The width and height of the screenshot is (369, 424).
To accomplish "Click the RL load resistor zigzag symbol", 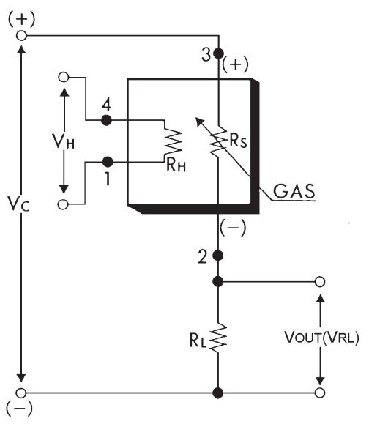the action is pos(218,337).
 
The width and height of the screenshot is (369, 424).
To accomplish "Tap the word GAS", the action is pos(294,191).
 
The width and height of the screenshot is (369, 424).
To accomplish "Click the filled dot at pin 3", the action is pos(218,53).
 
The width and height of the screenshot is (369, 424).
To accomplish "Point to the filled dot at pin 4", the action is pos(106,120).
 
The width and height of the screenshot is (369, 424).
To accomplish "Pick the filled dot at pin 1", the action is pos(108,163).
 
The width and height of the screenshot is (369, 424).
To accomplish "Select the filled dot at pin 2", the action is pos(218,256).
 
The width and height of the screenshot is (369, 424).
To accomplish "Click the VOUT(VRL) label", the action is pos(321,338).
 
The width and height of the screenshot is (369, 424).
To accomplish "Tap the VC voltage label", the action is pos(18,204).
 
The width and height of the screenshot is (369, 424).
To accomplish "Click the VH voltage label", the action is pos(63,141).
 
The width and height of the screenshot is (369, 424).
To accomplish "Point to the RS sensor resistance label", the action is pos(238,141).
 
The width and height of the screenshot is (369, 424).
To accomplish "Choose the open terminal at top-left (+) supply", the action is pos(21,35).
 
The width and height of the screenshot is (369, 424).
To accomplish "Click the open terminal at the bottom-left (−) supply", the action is pos(21,393).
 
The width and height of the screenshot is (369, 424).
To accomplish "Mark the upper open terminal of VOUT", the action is pos(320,282).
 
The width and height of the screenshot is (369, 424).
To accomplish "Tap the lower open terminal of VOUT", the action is pos(320,393).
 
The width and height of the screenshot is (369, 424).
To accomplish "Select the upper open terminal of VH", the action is pos(64,77).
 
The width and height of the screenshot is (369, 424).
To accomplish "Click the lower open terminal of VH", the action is pos(63,205).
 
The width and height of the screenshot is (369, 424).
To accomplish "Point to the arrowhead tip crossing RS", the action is pos(196,118).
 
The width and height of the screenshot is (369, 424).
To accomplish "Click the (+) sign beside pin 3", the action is pos(235,64).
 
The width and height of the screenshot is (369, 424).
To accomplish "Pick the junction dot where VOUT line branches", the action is pos(218,282).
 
